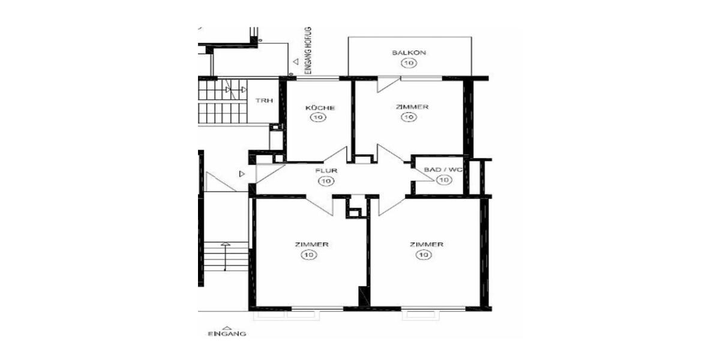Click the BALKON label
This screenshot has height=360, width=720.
(409, 53)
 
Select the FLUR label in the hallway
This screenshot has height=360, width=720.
(326, 170)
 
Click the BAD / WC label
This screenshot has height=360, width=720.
(443, 170)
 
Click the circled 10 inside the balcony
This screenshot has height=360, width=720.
(409, 63)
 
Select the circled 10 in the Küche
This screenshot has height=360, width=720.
(317, 118)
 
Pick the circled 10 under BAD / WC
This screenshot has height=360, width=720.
(443, 180)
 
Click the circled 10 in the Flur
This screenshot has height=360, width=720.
(326, 181)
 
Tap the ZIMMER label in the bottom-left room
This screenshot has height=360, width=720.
(311, 245)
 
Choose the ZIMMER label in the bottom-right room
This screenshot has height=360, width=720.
(426, 245)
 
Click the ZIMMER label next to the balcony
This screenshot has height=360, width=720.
(412, 107)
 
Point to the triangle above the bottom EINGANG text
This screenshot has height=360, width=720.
(226, 327)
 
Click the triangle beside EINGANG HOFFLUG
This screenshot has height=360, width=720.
(295, 61)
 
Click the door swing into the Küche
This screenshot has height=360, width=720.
(337, 155)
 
